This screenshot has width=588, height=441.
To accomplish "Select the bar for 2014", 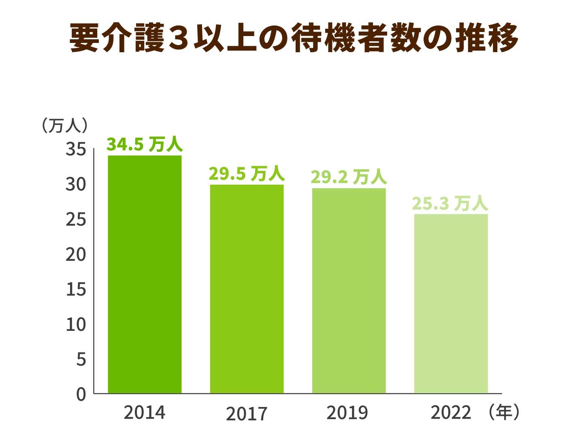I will [x=145, y=274].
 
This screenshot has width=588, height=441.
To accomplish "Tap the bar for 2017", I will [x=247, y=289].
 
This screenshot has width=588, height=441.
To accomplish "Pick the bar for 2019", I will [x=349, y=290].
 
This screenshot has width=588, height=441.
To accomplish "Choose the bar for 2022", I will [x=451, y=303].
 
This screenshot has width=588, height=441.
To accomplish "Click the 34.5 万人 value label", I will [x=145, y=145].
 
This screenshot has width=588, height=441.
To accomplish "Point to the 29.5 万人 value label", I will [x=247, y=174].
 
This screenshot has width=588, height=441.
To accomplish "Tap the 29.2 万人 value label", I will [x=349, y=177].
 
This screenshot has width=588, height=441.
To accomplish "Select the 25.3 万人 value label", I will [x=450, y=203].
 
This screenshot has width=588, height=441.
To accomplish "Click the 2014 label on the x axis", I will [x=145, y=413].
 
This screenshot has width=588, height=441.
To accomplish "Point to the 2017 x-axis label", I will [x=247, y=414].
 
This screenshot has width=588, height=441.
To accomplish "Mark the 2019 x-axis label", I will [x=347, y=413].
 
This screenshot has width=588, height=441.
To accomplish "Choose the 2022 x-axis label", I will [x=451, y=413].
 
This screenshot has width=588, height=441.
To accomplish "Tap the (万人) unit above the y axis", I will [x=64, y=126].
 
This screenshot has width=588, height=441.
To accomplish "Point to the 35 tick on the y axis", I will [x=76, y=149].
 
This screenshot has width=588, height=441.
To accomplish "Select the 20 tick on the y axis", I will [x=76, y=255].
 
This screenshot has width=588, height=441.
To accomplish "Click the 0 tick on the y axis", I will [x=81, y=394].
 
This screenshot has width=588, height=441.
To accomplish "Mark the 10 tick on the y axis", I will [x=76, y=324].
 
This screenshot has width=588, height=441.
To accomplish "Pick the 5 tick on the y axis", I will [x=81, y=359].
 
